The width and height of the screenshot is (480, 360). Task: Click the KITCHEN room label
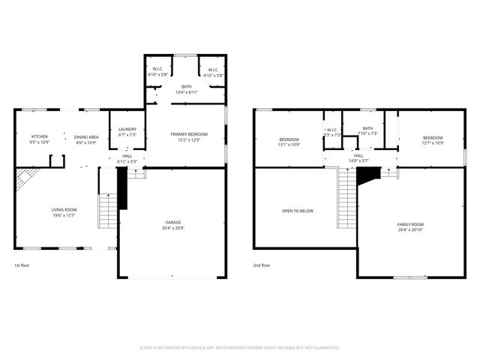[38, 136]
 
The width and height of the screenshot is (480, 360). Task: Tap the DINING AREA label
[86, 136]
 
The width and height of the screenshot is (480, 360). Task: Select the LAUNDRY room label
[127, 130]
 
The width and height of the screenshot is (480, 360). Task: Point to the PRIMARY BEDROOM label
[188, 133]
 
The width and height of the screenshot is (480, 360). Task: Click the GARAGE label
[173, 222]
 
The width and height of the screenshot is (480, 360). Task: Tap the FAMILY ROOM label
[411, 224]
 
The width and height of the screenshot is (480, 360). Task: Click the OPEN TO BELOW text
[298, 211]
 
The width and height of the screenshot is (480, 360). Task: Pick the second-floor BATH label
[367, 128]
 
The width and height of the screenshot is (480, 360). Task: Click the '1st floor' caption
[22, 265]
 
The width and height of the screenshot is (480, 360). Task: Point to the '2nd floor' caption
[262, 265]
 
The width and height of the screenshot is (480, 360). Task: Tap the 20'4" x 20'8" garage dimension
[173, 227]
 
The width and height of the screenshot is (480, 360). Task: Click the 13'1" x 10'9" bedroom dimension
[289, 144]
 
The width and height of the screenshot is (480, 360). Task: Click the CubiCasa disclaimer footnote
[240, 347]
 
